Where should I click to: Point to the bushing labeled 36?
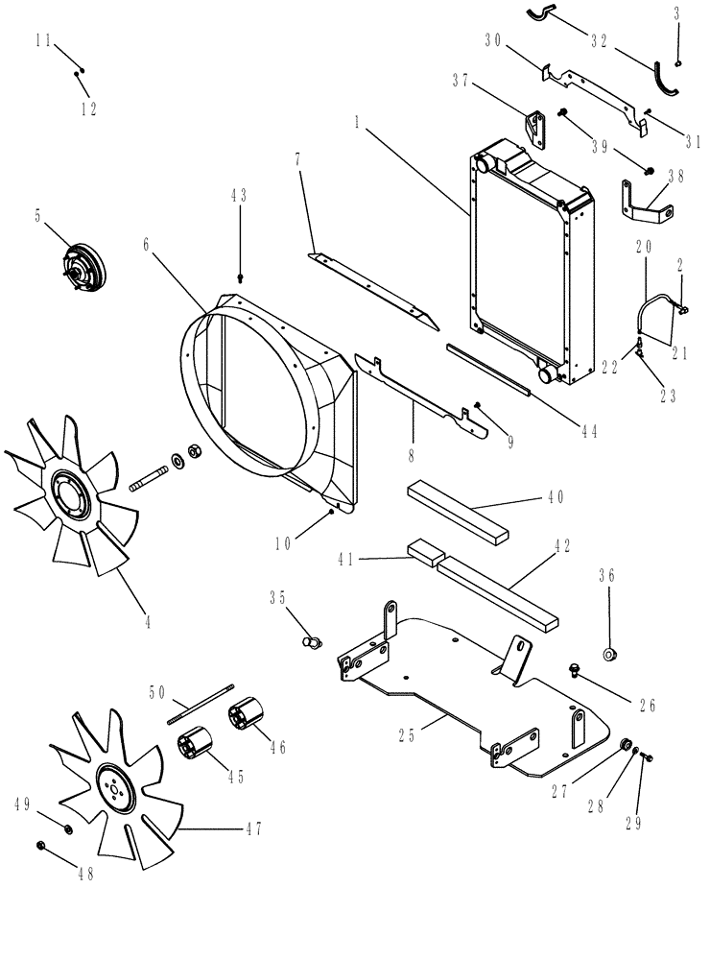coord(609,655)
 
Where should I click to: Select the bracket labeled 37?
coord(534,128)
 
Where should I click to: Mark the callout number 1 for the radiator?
coord(357,124)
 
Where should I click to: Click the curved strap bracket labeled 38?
coord(644,203)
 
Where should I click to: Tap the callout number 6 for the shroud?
coord(146,246)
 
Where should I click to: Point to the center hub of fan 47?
coord(114,792)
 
